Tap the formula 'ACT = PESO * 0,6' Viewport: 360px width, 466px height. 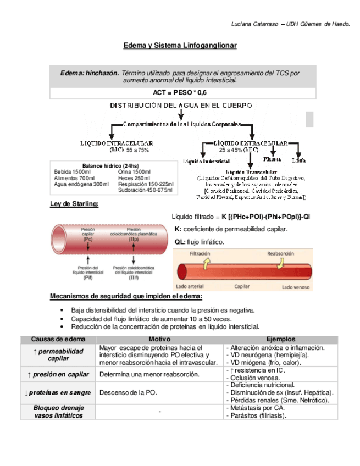(180, 94)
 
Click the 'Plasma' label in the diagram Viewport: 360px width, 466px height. (272, 159)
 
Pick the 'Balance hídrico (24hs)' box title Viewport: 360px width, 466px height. (110, 165)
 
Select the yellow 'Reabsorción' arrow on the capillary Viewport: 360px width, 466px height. (280, 264)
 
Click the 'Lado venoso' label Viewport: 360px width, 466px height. (295, 287)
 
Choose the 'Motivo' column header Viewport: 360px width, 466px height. (159, 339)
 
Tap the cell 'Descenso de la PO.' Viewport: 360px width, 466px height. (128, 393)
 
